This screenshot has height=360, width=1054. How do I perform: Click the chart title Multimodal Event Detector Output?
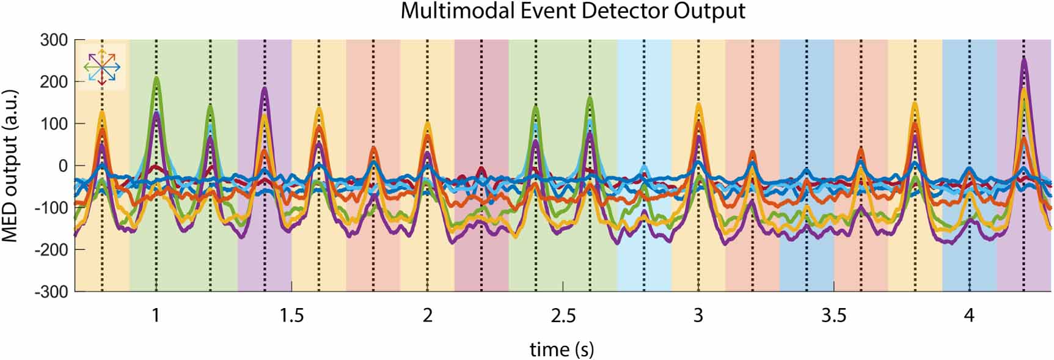point(573,11)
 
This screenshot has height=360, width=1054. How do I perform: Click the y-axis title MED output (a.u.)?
point(10,166)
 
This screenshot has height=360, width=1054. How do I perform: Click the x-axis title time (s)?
point(562,349)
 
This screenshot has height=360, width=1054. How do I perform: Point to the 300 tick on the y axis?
point(54,40)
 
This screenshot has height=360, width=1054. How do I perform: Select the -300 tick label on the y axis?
point(51,292)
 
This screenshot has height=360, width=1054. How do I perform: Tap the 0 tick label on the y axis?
point(63,166)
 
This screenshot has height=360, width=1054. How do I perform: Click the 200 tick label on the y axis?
point(54,82)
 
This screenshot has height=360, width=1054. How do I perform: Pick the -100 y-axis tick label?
point(51,208)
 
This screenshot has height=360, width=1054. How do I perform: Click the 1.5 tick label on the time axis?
point(292,316)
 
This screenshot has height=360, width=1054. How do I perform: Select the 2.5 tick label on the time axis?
point(563,316)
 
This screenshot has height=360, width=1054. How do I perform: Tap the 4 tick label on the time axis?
point(969,316)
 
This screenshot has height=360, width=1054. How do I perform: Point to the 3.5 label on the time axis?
point(833,316)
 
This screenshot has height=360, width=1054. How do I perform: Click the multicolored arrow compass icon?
point(101,67)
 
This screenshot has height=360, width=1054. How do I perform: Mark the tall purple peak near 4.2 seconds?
point(1023,61)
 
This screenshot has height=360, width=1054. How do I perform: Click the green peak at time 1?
point(156,78)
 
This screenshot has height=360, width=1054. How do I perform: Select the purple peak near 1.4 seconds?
point(265,89)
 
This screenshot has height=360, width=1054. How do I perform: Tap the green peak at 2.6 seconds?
point(590,98)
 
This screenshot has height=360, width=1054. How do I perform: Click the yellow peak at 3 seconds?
point(698,106)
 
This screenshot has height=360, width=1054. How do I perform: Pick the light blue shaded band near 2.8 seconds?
point(644,257)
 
